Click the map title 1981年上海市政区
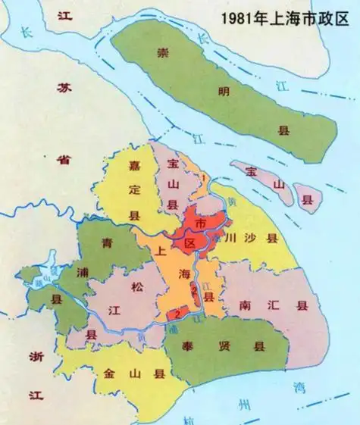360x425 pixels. (x=285, y=17)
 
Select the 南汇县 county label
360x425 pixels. (x=277, y=305)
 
